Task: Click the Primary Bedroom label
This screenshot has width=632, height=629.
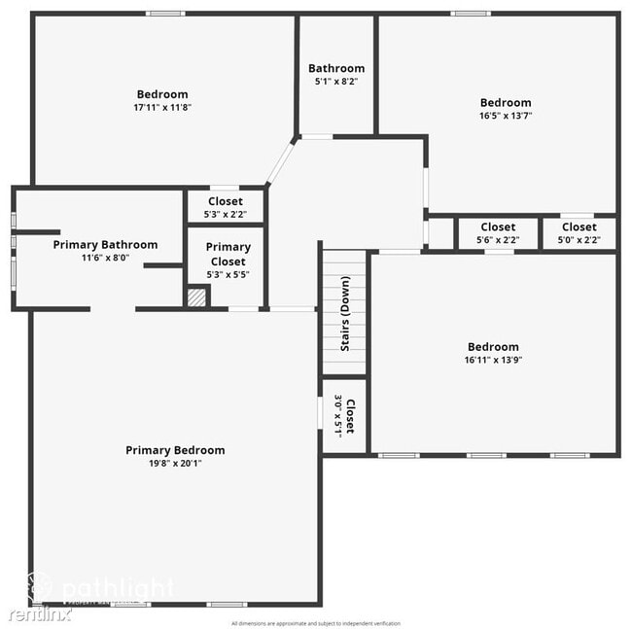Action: pyautogui.click(x=175, y=450)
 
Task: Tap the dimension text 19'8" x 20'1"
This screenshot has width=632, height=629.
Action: pyautogui.click(x=175, y=464)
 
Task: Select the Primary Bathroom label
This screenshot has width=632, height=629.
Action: pyautogui.click(x=105, y=245)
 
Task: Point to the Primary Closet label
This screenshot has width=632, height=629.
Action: pyautogui.click(x=228, y=254)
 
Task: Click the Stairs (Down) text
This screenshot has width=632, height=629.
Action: pyautogui.click(x=345, y=314)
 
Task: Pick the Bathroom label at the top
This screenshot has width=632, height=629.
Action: pyautogui.click(x=336, y=68)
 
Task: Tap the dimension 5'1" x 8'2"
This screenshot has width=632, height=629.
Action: pyautogui.click(x=336, y=82)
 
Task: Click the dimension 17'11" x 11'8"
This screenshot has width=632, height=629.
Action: pyautogui.click(x=163, y=108)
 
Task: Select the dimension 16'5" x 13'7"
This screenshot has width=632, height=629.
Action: pyautogui.click(x=506, y=116)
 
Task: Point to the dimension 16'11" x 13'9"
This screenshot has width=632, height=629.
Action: pyautogui.click(x=493, y=360)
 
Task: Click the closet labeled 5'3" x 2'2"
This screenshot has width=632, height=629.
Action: pyautogui.click(x=225, y=207)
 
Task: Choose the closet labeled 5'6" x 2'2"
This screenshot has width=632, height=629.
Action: pyautogui.click(x=498, y=233)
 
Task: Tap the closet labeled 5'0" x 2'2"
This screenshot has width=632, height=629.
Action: pyautogui.click(x=579, y=233)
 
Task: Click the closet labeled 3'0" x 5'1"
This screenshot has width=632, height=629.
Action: pyautogui.click(x=345, y=416)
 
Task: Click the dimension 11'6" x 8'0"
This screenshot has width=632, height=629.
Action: pyautogui.click(x=105, y=259)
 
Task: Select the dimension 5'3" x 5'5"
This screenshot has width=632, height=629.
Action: pyautogui.click(x=228, y=275)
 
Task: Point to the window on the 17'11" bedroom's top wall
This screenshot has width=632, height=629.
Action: pyautogui.click(x=165, y=14)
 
